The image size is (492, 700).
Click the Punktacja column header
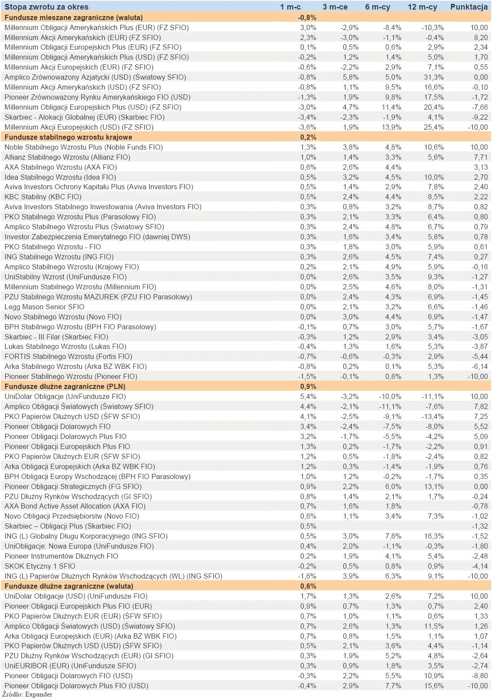click(469, 7)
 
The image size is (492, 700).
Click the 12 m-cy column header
click(422, 7)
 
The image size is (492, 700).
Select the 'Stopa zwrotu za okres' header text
click(47, 7)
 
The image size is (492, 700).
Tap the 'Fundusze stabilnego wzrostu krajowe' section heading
click(68, 137)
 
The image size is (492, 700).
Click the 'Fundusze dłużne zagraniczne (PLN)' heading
click(65, 386)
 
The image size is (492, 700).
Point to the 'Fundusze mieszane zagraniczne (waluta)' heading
click(73, 17)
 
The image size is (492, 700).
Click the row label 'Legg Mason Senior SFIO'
click(44, 307)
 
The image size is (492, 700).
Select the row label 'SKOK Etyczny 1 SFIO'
click(40, 566)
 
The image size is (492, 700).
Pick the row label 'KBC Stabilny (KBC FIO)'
click(43, 197)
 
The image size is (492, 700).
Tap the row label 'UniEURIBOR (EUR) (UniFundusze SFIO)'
click(70, 666)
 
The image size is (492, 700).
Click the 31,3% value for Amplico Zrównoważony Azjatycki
click(434, 77)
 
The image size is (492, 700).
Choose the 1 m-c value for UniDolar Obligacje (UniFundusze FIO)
click(308, 396)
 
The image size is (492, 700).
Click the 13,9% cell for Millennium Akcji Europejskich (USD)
click(392, 127)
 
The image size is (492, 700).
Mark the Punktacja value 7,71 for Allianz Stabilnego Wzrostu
click(480, 157)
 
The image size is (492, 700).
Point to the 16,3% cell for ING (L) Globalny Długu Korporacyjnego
click(434, 536)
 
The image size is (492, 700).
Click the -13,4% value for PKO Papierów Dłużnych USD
click(432, 416)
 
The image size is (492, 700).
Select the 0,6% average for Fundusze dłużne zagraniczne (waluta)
click(308, 586)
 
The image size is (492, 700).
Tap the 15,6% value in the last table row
click(434, 686)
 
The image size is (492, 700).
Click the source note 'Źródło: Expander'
click(27, 694)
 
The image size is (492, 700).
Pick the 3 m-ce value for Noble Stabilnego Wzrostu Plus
click(350, 147)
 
